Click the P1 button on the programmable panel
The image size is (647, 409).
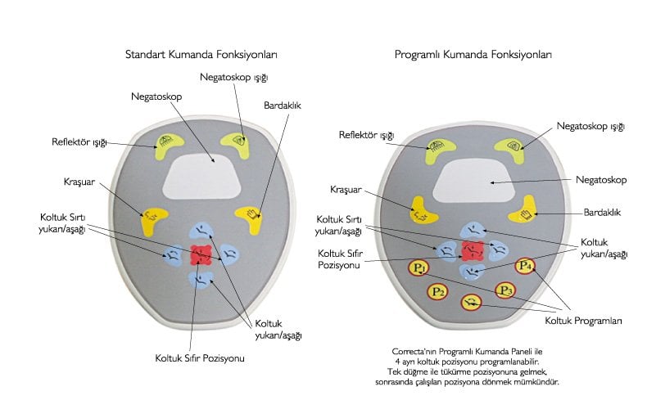pyautogui.click(x=419, y=268)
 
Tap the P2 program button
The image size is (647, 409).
pyautogui.click(x=437, y=292)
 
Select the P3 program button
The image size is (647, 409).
pyautogui.click(x=505, y=290)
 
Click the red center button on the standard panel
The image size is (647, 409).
pyautogui.click(x=201, y=255)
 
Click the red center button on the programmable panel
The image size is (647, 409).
pyautogui.click(x=473, y=251)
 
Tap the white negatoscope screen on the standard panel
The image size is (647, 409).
pyautogui.click(x=201, y=176)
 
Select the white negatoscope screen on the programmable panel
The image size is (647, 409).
pyautogui.click(x=473, y=182)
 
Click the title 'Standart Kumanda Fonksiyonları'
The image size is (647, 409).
pyautogui.click(x=201, y=55)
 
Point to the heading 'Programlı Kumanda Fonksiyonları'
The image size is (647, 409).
pyautogui.click(x=473, y=55)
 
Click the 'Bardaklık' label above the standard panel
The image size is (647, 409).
pyautogui.click(x=283, y=106)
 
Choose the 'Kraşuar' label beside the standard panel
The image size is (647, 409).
pyautogui.click(x=79, y=182)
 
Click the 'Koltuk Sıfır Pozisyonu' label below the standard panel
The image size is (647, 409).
pyautogui.click(x=200, y=358)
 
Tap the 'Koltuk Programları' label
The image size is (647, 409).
pyautogui.click(x=583, y=321)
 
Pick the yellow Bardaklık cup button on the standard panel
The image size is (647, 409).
pyautogui.click(x=251, y=218)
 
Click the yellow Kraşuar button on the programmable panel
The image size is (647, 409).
pyautogui.click(x=423, y=211)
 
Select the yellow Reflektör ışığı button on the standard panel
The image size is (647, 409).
pyautogui.click(x=167, y=144)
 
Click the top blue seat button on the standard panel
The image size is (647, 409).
pyautogui.click(x=201, y=231)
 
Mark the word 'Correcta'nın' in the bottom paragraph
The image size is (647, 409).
pyautogui.click(x=414, y=352)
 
